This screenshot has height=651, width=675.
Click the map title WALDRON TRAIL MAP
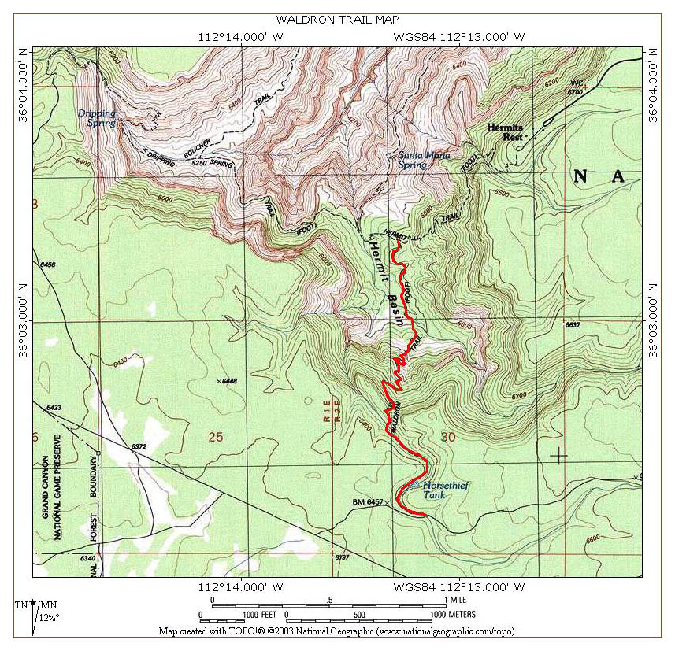[336, 20]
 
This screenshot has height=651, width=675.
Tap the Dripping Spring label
[96, 118]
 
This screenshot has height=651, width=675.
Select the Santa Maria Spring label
[424, 160]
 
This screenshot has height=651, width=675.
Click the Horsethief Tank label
[445, 490]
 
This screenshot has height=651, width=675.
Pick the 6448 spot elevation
[228, 381]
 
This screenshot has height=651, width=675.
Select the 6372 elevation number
[139, 446]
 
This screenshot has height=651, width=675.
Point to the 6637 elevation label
[573, 324]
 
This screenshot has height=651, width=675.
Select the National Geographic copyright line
[337, 631]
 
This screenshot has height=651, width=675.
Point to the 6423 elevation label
[54, 408]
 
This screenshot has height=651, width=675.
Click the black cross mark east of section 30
[559, 455]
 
